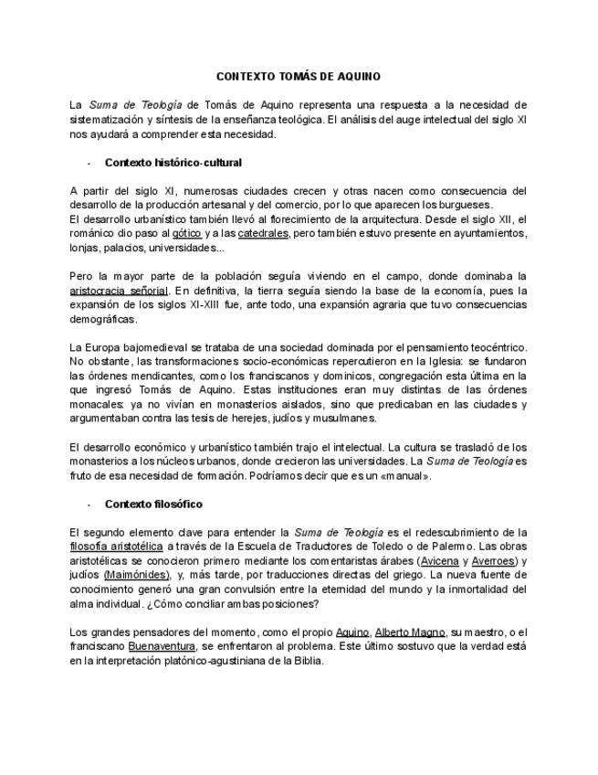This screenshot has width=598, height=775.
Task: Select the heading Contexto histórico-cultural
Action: [x=173, y=163]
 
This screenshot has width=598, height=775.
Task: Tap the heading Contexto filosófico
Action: [x=153, y=504]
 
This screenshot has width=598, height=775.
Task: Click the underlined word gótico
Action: [x=186, y=234]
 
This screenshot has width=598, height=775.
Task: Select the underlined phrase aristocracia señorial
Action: [x=119, y=291]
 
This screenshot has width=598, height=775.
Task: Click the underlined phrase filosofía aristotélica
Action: [x=117, y=546]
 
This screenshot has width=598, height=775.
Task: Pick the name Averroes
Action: [x=498, y=560]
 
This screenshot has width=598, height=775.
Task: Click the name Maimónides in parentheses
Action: [x=137, y=575]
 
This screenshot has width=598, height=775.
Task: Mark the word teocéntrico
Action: [x=497, y=347]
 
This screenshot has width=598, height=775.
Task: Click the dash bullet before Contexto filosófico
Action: [x=89, y=504]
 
